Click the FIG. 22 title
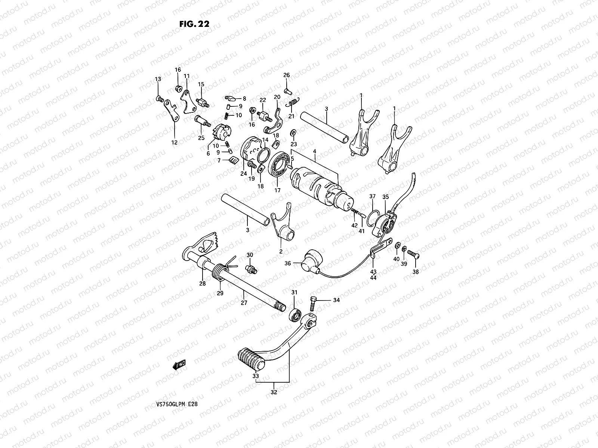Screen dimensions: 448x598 pos(194,24)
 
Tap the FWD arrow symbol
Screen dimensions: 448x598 pos(179,364)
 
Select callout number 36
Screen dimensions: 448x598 pos(287,263)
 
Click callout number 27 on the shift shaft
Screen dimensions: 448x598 pos(244,303)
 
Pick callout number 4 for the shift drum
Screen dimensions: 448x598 pos(315,151)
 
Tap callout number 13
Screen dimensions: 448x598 pos(158,79)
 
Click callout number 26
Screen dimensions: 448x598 pos(287,75)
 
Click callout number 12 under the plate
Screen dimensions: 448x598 pos(175,142)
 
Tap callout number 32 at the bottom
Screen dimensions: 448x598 pos(274,392)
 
